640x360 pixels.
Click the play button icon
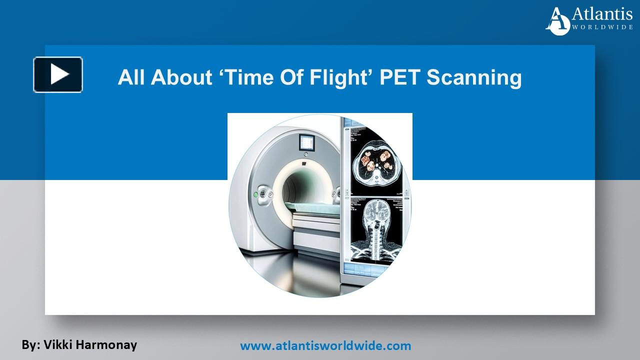(x=58, y=74)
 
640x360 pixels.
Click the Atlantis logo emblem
(x=558, y=21)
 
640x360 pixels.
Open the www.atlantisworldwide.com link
(x=325, y=345)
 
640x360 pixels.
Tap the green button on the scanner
(x=256, y=194)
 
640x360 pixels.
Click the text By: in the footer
(x=30, y=344)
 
